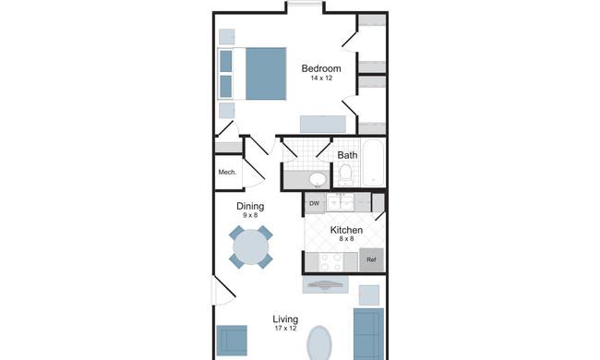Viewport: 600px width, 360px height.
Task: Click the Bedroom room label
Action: [321, 68]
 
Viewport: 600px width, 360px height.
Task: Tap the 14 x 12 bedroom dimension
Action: [321, 78]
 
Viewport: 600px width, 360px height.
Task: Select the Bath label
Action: [347, 155]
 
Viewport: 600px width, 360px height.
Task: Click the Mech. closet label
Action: [227, 173]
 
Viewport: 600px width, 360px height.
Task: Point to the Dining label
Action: [250, 206]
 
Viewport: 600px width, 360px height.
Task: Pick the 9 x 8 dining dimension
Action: [250, 215]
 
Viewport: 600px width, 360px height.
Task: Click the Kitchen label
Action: [346, 230]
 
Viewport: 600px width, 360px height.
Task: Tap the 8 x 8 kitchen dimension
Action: [346, 239]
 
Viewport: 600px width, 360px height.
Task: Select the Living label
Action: [285, 319]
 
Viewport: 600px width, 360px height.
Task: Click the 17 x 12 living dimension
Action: [285, 329]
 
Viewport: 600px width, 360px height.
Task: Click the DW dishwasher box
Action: [315, 203]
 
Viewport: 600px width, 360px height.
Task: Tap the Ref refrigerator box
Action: [371, 259]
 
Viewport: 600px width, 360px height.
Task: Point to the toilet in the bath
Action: [346, 174]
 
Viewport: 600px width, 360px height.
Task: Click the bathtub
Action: [374, 162]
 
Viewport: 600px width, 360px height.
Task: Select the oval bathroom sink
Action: [318, 179]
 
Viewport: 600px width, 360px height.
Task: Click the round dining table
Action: [251, 246]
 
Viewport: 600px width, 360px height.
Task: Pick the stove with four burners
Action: [331, 262]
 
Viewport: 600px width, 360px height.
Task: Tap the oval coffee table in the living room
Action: [319, 343]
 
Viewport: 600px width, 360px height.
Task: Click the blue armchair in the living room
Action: [232, 341]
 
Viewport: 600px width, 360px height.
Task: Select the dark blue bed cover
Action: [266, 74]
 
